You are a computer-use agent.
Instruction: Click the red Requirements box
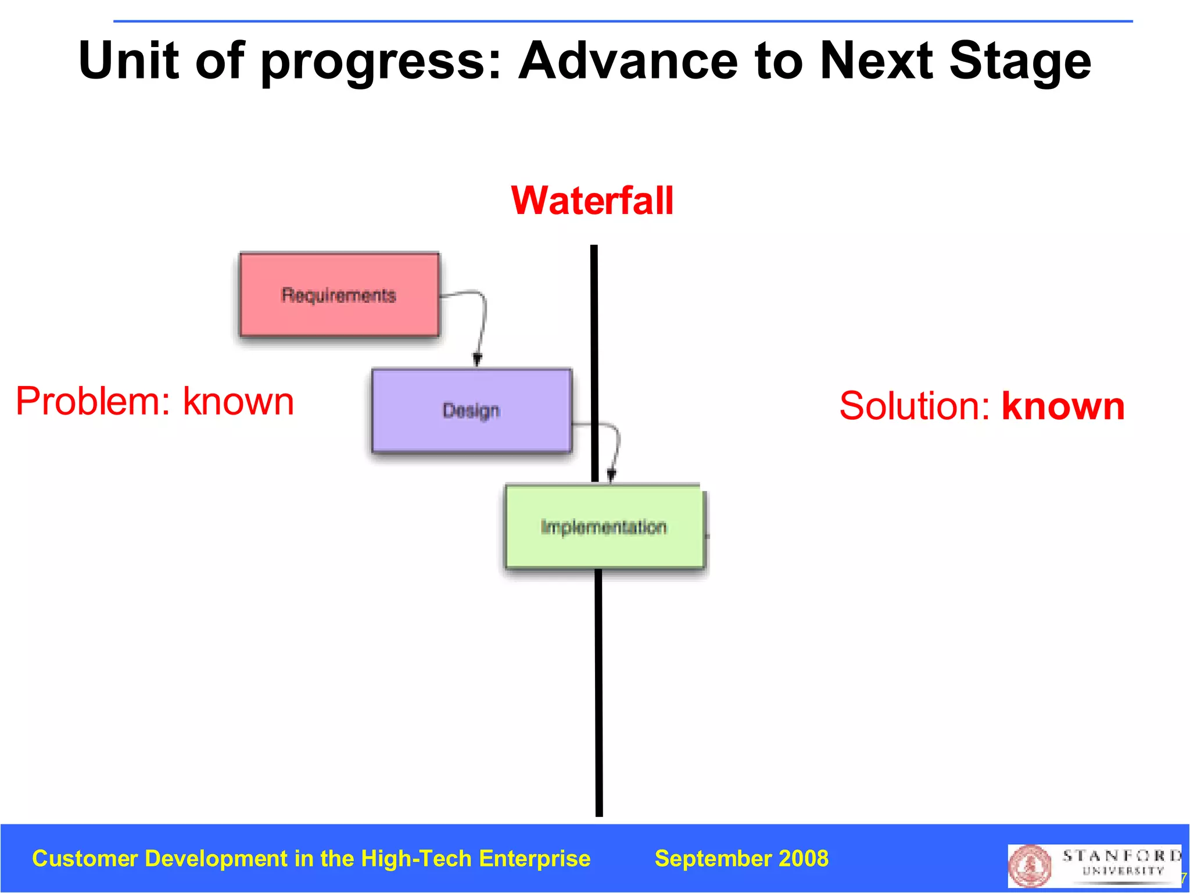click(339, 295)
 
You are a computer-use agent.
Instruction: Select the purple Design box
click(471, 410)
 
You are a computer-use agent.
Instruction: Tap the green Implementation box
click(604, 527)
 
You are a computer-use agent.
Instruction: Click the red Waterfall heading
click(592, 201)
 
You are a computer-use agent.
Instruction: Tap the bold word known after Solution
click(1063, 406)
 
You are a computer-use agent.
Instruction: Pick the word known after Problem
click(238, 402)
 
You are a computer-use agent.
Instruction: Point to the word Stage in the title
click(1020, 62)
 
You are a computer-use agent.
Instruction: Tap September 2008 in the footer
click(741, 859)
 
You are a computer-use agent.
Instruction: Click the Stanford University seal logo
click(1030, 866)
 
